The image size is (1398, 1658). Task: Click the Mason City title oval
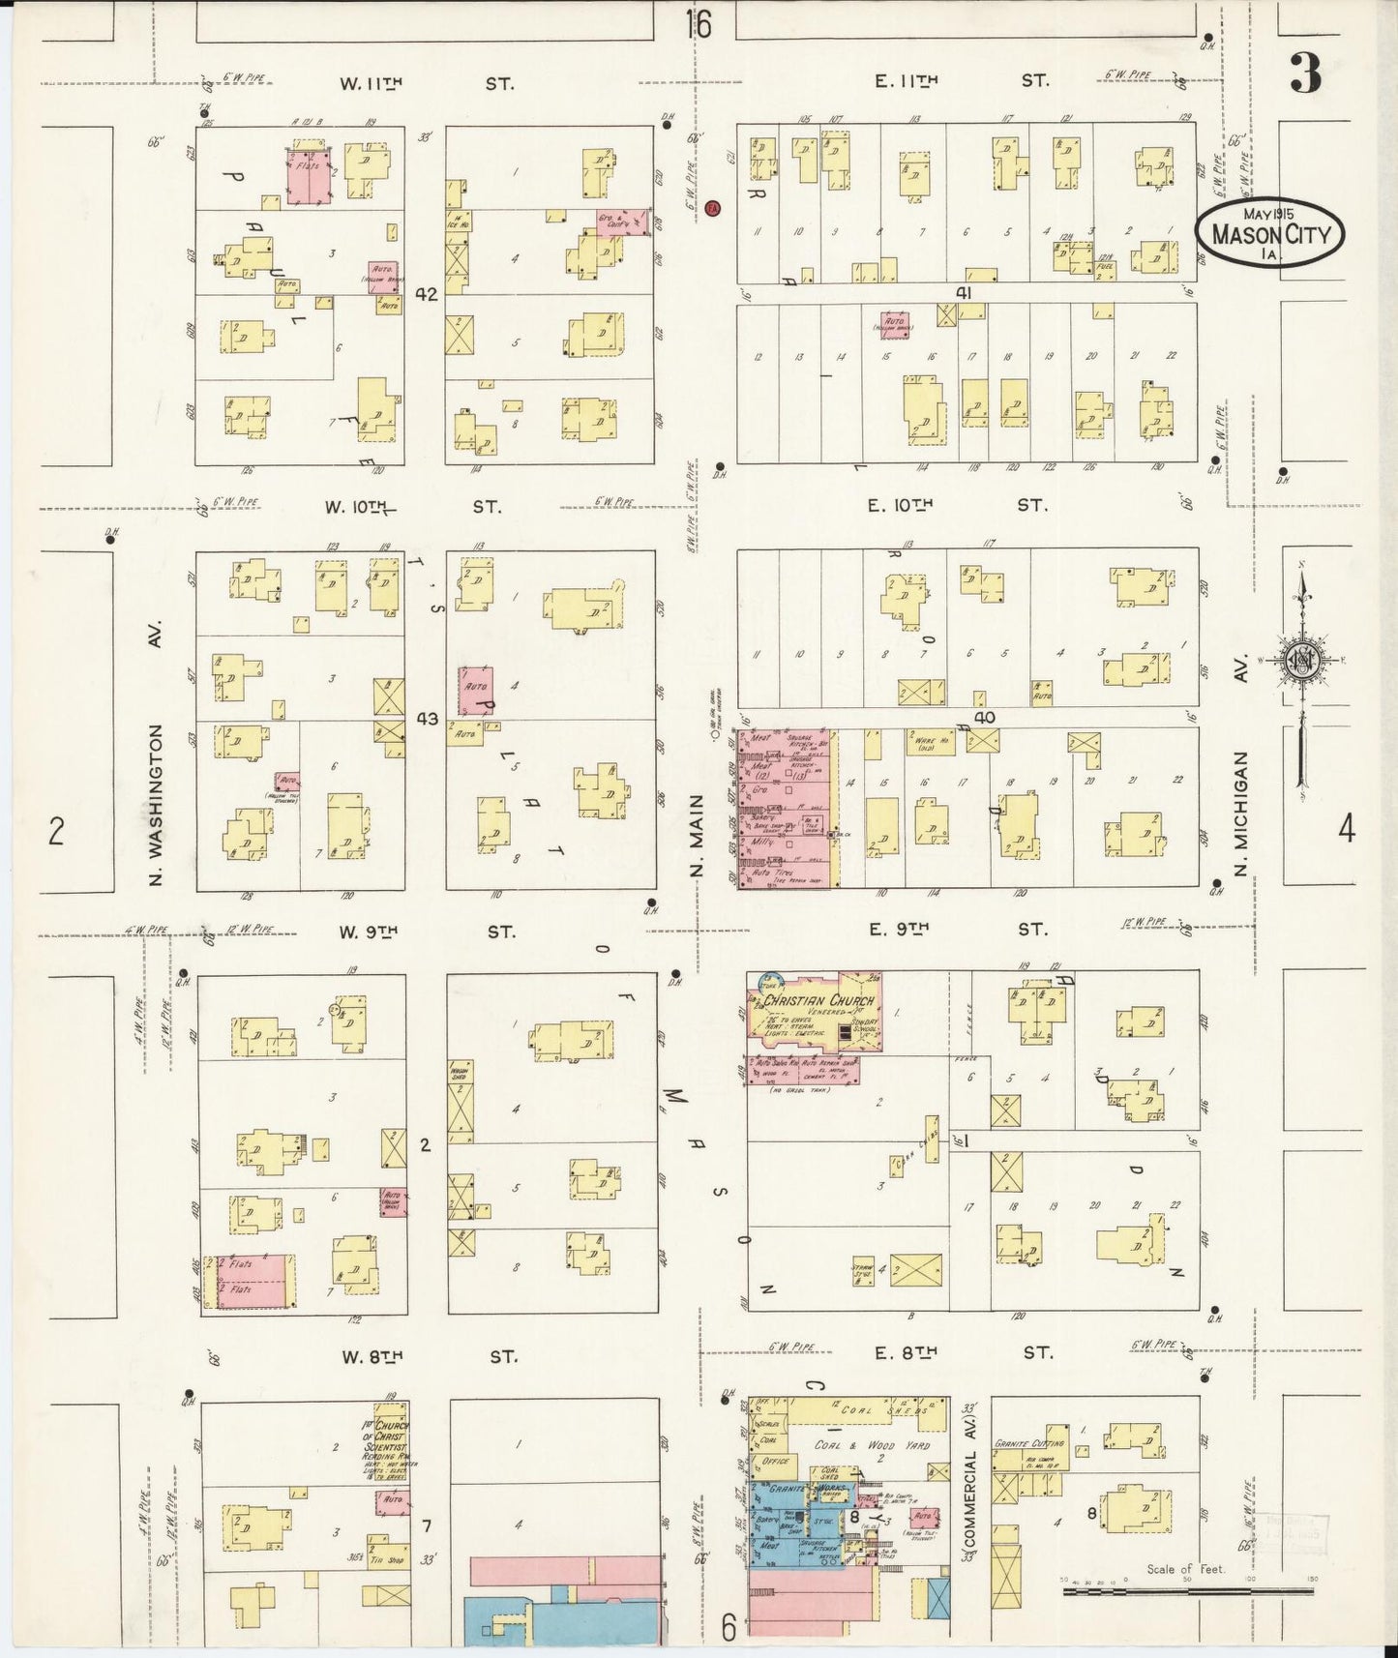pos(1269,233)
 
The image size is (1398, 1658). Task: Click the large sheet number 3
pos(1305,74)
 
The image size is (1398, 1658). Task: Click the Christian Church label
pos(818,1001)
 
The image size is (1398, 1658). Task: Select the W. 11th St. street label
pos(426,83)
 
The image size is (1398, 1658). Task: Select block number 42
pos(427,294)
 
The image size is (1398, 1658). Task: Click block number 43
pos(427,719)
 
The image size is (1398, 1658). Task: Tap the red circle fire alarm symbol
pos(713,208)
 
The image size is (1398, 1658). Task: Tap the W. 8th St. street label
pos(426,1357)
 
